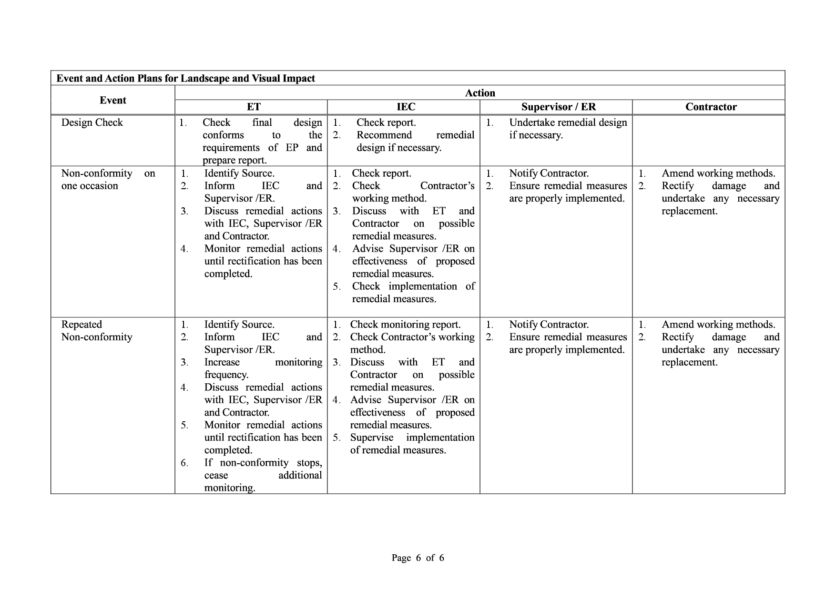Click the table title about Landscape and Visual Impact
(x=185, y=79)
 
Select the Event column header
(x=113, y=100)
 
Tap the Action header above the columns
(x=480, y=93)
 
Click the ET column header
(x=254, y=107)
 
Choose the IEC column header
(x=406, y=107)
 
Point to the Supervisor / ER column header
(x=558, y=107)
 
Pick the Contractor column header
(x=711, y=107)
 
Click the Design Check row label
(x=92, y=122)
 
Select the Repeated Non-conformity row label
(x=97, y=331)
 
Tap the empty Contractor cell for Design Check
(x=708, y=141)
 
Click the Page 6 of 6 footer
(x=418, y=558)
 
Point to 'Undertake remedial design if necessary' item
(x=567, y=129)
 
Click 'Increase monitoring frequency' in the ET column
(x=263, y=368)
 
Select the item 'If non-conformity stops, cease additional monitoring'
(x=263, y=475)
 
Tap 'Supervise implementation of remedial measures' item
(x=412, y=444)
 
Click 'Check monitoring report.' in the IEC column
(x=405, y=325)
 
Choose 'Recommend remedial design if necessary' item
(x=415, y=141)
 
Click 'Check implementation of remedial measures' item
(x=413, y=293)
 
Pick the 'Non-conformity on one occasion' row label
(x=108, y=180)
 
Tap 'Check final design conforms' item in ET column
(x=262, y=141)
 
